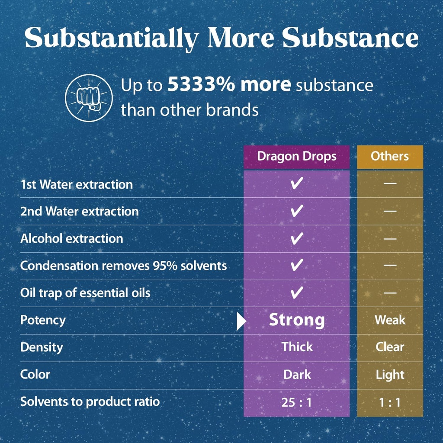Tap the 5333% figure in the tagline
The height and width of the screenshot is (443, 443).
point(199,85)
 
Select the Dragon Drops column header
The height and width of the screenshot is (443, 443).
point(296,156)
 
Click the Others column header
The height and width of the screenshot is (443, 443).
point(390,156)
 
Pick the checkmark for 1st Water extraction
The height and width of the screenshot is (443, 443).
point(296,184)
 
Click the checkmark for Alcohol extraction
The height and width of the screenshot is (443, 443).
point(296,238)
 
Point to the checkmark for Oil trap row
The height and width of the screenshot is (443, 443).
point(296,293)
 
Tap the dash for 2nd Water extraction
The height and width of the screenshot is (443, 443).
point(390,211)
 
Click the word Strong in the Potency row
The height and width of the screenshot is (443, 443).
point(297,320)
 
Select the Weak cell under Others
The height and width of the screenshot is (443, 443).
point(390,320)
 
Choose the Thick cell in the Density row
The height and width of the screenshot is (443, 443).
point(297,347)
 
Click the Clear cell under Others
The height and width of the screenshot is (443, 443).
point(390,347)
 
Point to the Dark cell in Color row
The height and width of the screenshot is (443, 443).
point(297,374)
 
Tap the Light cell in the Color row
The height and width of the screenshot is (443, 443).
point(390,375)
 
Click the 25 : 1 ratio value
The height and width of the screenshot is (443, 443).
point(296,402)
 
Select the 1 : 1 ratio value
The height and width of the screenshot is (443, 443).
point(390,402)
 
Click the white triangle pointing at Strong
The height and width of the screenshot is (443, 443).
point(241,321)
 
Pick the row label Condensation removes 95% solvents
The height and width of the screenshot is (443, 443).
point(123,266)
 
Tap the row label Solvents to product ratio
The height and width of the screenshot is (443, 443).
point(90,401)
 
